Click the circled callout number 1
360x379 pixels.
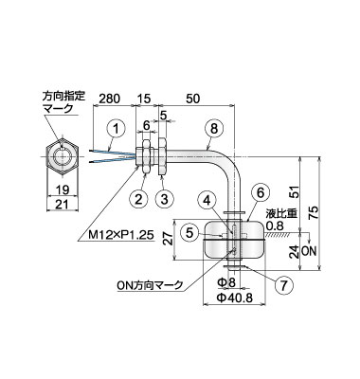[117, 130]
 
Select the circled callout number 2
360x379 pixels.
[139, 199]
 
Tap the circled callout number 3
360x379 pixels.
[165, 199]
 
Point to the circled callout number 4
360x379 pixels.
[207, 201]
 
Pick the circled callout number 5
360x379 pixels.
[189, 233]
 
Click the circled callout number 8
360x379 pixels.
[214, 130]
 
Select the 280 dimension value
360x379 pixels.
[109, 99]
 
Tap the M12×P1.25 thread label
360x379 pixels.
[116, 235]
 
